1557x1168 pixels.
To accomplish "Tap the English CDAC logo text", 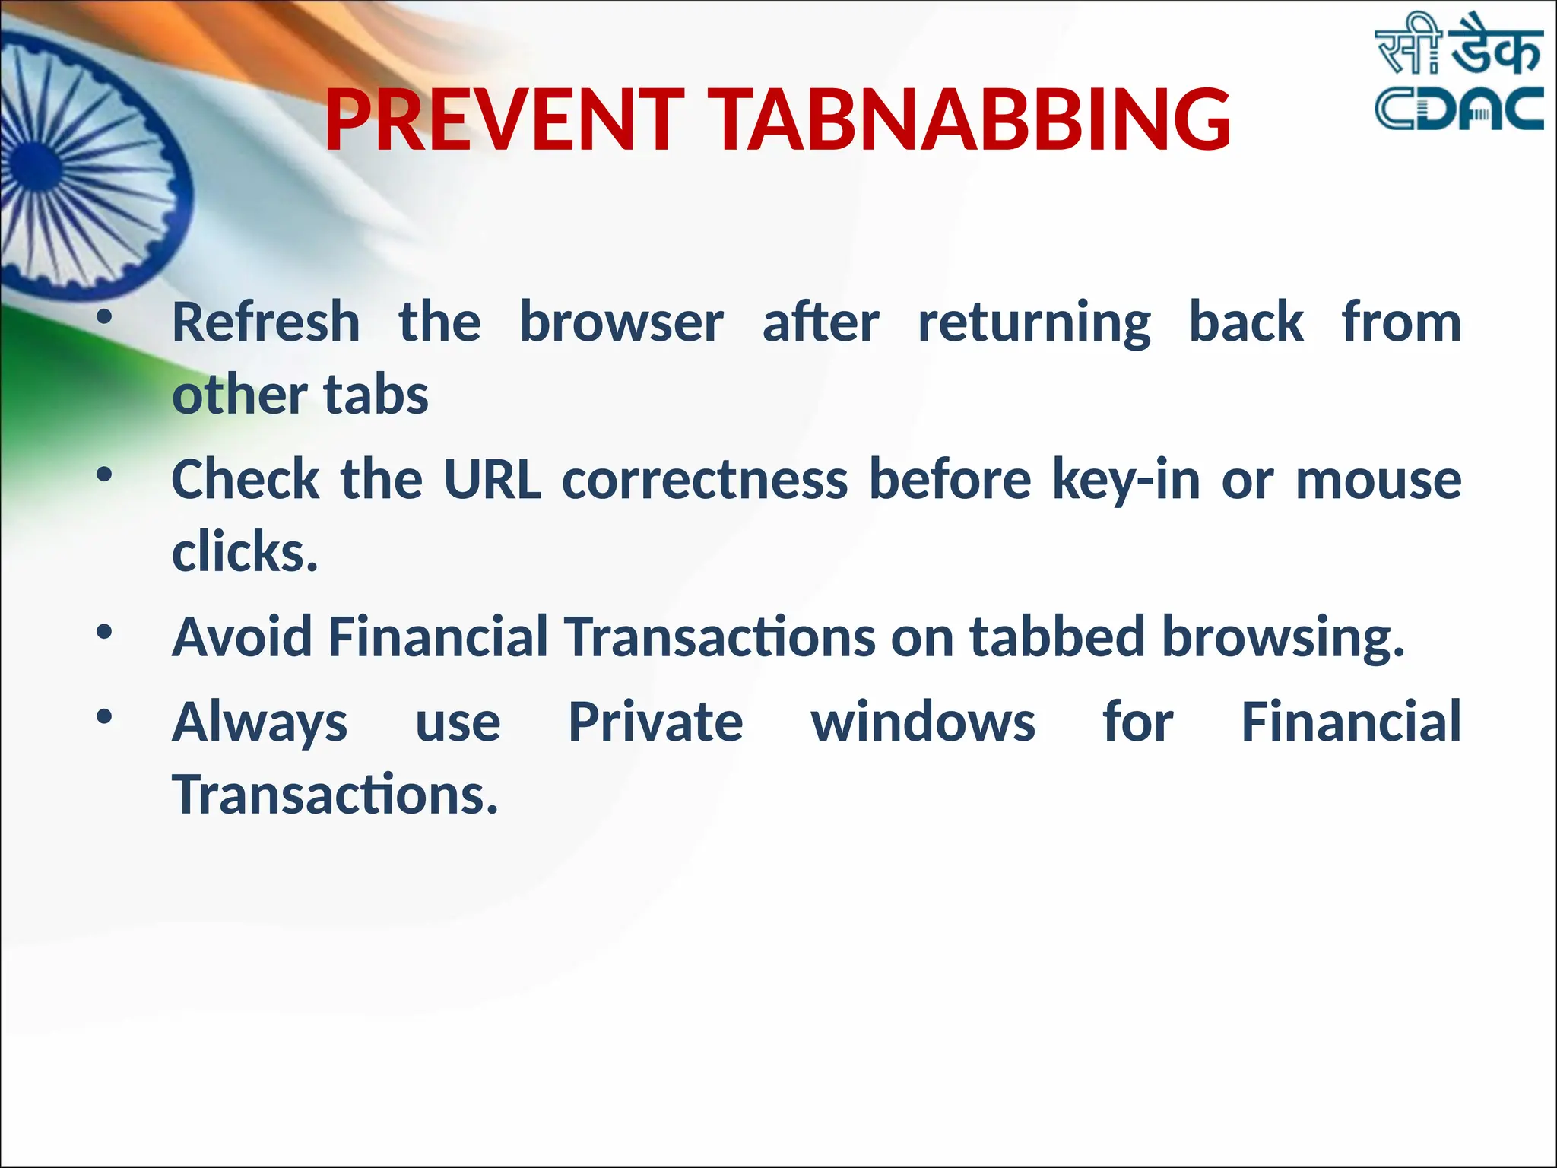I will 1458,109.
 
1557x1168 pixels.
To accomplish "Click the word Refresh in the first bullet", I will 266,322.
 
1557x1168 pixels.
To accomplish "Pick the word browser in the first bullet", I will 621,322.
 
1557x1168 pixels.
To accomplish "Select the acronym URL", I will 492,480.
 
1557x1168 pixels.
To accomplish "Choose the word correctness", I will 705,481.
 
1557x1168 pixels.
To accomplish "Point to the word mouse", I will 1378,481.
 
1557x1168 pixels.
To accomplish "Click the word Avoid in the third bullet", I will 243,636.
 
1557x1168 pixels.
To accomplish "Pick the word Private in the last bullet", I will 655,722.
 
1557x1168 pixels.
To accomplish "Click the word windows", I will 923,722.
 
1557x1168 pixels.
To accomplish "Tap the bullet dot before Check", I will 104,476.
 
